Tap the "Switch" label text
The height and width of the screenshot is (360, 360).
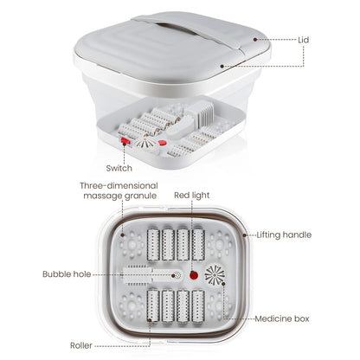pos(119,168)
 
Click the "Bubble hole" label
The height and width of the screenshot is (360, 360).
pos(65,274)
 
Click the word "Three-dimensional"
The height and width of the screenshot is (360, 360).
pos(119,185)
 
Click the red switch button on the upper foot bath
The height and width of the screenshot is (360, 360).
pos(125,145)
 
